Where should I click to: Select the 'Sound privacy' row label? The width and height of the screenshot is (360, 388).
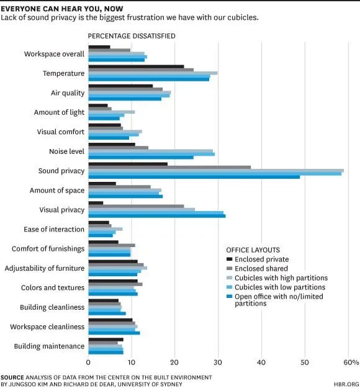61,171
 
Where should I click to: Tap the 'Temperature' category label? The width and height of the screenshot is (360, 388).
63,73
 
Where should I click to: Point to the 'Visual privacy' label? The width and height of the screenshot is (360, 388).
61,210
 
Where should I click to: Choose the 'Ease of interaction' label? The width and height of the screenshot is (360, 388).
54,229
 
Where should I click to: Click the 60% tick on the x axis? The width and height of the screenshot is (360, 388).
350,362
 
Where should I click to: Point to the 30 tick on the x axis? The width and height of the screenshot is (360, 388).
218,362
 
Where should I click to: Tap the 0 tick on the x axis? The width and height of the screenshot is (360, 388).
88,362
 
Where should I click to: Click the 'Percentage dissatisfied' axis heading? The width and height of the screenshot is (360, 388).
131,36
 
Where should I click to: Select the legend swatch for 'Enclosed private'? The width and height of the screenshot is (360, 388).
229,259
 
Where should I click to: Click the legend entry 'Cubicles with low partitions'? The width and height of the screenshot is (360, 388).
280,287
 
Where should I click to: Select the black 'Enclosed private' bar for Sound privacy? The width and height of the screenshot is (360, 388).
128,164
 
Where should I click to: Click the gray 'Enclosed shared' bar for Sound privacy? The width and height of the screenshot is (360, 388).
169,167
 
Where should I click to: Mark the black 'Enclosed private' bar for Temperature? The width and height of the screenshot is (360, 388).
136,66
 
